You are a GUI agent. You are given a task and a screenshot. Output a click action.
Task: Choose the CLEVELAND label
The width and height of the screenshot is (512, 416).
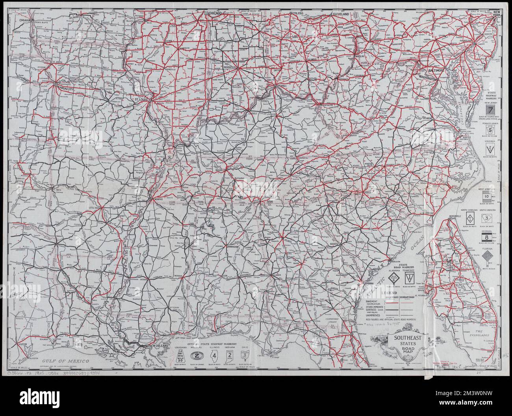point(341,14)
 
